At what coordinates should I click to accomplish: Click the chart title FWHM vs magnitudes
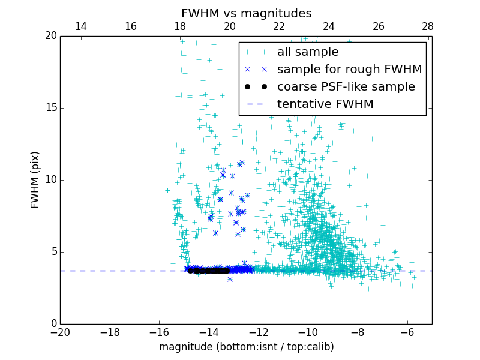(x=246, y=13)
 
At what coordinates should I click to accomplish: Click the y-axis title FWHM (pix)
(x=35, y=179)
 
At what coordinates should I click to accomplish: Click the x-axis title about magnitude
(x=246, y=347)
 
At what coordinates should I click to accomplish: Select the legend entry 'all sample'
(x=308, y=52)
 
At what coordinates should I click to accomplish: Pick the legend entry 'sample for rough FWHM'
(x=349, y=69)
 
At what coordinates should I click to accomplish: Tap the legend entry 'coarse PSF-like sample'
(x=346, y=86)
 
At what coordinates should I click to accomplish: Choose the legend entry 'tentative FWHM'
(x=325, y=104)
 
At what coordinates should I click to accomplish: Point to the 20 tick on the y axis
(x=50, y=36)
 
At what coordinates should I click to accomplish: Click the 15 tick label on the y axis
(x=50, y=108)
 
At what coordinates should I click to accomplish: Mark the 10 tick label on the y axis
(x=50, y=180)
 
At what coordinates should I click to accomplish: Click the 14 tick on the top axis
(x=80, y=26)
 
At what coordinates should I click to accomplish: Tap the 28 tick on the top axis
(x=427, y=26)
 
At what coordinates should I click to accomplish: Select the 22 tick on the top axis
(x=279, y=26)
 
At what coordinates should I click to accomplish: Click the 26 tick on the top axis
(x=378, y=26)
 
